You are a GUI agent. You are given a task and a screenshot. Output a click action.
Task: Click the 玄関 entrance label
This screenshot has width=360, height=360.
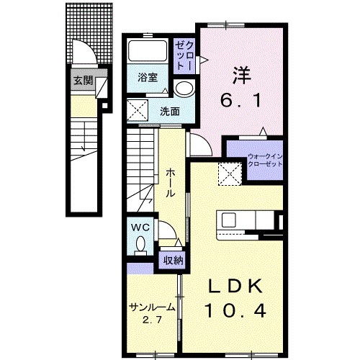84,81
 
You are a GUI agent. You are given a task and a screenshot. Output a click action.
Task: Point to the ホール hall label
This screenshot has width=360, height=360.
171,184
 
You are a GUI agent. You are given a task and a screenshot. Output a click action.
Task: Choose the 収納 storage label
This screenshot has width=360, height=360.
172,260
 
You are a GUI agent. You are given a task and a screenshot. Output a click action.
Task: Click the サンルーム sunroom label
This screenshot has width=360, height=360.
152,307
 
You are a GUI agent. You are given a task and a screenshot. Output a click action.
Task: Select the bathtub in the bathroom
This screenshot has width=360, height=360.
147,53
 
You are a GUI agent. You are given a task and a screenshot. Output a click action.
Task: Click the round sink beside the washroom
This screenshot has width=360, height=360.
185,89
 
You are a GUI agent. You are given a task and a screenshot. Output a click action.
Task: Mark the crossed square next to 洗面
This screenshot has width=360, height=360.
138,111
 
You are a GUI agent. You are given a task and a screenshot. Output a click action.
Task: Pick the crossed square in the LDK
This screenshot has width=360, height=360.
231,173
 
